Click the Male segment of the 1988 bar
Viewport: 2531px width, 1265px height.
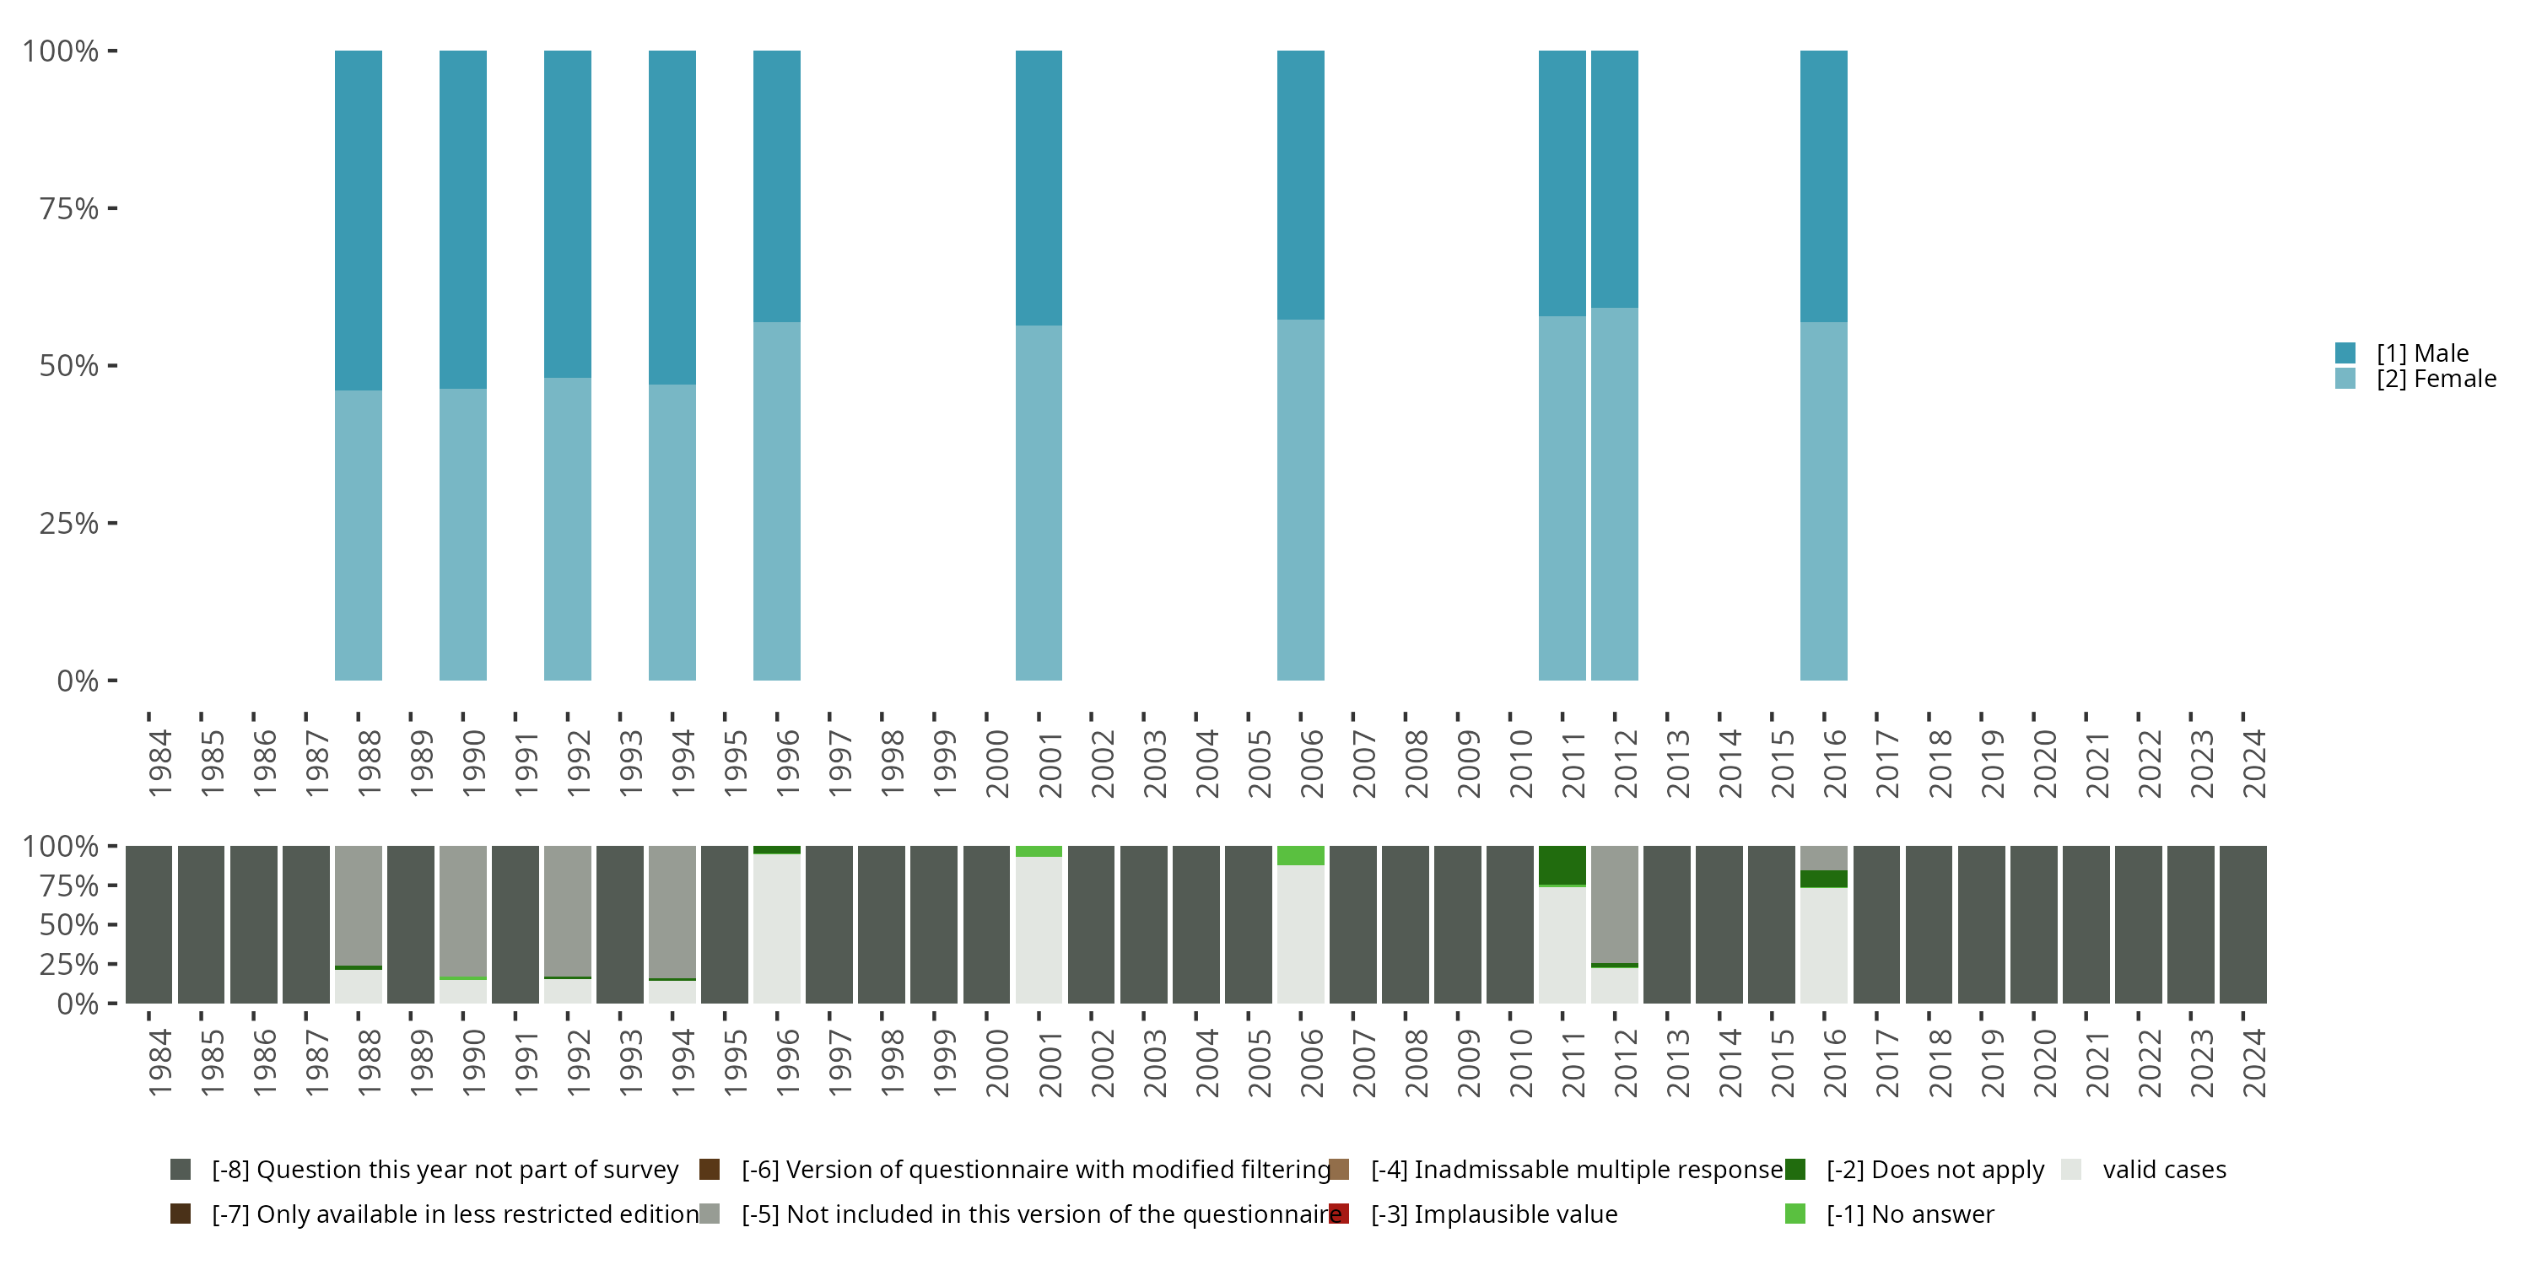358,220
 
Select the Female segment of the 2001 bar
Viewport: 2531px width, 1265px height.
1039,502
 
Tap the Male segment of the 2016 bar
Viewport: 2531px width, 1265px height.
1823,186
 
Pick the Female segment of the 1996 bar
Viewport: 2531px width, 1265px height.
776,501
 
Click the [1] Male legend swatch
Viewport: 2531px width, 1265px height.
2345,353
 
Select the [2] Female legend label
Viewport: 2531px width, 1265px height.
2436,379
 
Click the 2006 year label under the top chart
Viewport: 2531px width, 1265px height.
1312,764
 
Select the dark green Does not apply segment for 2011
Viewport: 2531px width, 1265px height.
1562,864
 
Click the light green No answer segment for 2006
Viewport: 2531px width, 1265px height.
1300,854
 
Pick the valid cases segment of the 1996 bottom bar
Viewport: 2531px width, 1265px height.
776,929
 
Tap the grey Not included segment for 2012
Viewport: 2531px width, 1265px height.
1614,903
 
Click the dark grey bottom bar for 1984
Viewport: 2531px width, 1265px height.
148,924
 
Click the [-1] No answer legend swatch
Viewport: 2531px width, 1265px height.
1795,1214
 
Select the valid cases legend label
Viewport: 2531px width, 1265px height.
2163,1170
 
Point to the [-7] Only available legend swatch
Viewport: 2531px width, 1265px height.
181,1214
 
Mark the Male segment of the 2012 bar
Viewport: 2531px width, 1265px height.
1614,179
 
